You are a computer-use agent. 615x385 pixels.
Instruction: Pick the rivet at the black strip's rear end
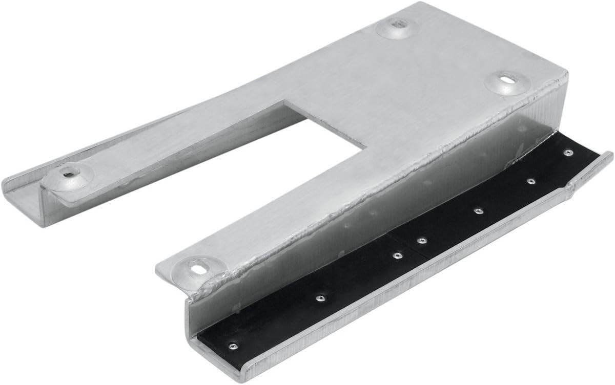coord(567,153)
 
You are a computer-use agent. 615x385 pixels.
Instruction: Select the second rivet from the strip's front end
coord(320,297)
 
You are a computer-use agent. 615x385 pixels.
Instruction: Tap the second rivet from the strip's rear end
coord(531,181)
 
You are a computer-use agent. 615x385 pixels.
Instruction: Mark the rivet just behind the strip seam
coord(422,240)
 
